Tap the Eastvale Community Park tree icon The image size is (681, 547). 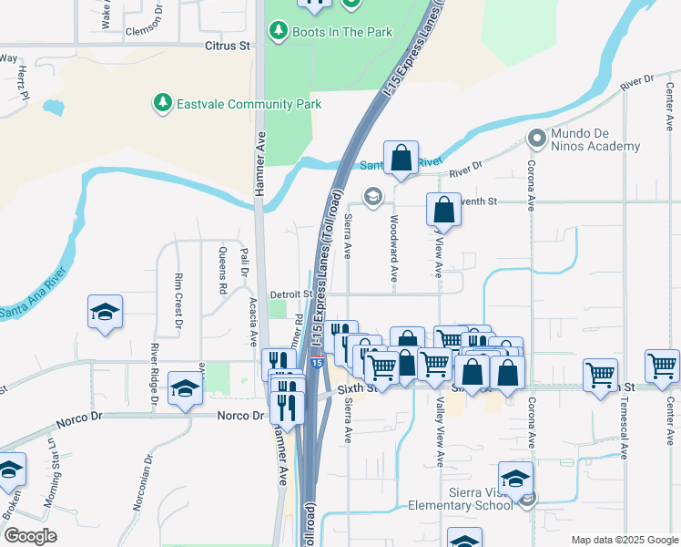pyautogui.click(x=163, y=102)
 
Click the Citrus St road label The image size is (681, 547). pyautogui.click(x=227, y=45)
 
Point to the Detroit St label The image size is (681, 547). pyautogui.click(x=291, y=294)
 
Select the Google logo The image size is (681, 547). pyautogui.click(x=30, y=536)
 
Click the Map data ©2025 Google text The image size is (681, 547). pyautogui.click(x=624, y=540)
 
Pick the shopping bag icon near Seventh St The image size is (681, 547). pyautogui.click(x=444, y=210)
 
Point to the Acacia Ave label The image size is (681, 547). pyautogui.click(x=253, y=325)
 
